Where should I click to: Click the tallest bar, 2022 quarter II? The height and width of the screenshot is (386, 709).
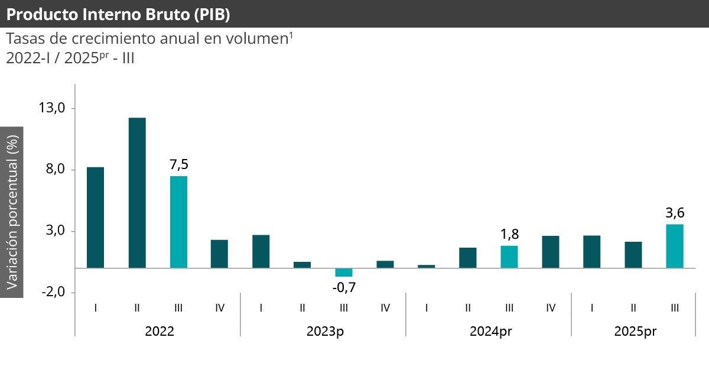tap(137, 193)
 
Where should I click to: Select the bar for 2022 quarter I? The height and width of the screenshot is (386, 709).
tap(96, 218)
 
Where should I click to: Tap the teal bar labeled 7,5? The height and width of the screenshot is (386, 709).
tap(178, 222)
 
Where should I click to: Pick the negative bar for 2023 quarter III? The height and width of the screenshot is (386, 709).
tap(344, 273)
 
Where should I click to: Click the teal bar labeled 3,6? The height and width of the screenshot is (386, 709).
tap(675, 246)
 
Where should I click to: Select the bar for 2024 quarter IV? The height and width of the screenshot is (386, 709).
tap(551, 252)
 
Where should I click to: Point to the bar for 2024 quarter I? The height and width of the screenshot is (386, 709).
tap(427, 266)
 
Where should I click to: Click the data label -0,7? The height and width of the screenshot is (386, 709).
tap(344, 288)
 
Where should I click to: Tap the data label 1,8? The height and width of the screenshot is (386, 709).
tap(509, 234)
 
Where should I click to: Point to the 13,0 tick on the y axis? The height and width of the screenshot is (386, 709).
tap(52, 108)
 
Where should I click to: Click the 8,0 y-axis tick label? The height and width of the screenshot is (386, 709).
tap(52, 170)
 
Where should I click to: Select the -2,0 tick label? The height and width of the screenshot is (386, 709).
tap(52, 292)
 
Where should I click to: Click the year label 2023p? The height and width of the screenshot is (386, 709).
tap(325, 331)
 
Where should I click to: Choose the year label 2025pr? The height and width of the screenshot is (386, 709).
tap(635, 331)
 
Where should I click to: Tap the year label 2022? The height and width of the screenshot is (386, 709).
tap(160, 331)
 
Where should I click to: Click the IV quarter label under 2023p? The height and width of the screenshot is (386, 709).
tap(385, 307)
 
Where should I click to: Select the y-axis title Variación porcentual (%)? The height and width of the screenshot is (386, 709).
tap(12, 212)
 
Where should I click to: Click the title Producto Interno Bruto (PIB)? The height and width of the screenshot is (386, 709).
tap(118, 14)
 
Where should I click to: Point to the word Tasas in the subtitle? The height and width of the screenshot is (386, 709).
tap(23, 40)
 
